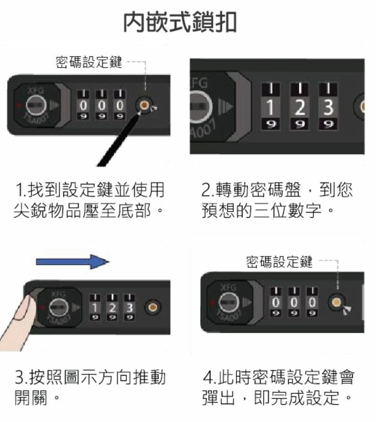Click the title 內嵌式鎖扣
point(180,22)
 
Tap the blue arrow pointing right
point(73,261)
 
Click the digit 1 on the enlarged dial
point(270,107)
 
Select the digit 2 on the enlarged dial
point(300,107)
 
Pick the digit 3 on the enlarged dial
point(328,107)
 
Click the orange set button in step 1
point(144,104)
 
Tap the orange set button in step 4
point(337,302)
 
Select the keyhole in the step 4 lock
point(229,303)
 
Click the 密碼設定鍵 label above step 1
point(89,62)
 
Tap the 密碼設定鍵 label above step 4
point(279,262)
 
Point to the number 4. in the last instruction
point(209,377)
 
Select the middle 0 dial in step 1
point(102,105)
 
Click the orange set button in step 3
point(153,307)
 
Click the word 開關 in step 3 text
point(31,397)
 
